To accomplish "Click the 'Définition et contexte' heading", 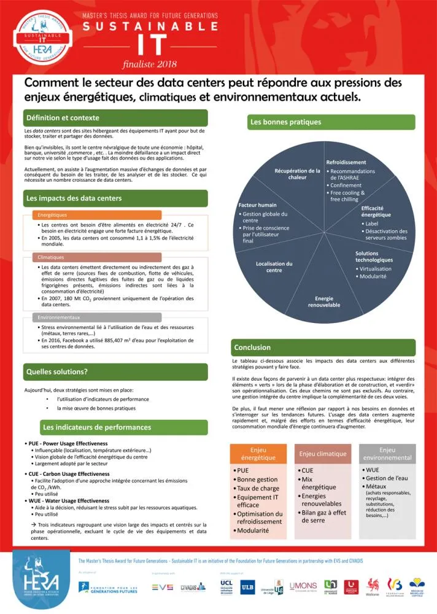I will [x=63, y=118].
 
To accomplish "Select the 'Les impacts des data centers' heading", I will [x=74, y=198].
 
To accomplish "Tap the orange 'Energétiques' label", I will [x=53, y=216].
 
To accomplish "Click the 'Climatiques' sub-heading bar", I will [x=50, y=257].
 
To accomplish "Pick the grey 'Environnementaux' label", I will [x=59, y=317].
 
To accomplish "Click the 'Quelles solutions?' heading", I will [x=56, y=371].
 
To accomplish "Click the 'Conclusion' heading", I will [x=252, y=348].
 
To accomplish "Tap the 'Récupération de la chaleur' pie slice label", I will [x=297, y=174].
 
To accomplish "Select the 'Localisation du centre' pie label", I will [x=274, y=266].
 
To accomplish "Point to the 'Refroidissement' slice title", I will [x=346, y=162].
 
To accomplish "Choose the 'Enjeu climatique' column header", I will [x=323, y=454].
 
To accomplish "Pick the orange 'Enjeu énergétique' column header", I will [x=258, y=454].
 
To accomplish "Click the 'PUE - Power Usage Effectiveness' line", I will [x=67, y=443].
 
